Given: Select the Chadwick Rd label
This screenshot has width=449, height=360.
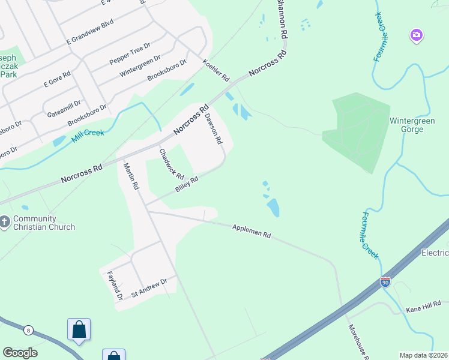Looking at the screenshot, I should pyautogui.click(x=171, y=163).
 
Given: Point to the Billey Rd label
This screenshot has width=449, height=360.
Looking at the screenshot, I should pyautogui.click(x=187, y=184).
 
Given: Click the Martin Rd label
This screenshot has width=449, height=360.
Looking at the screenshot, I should pyautogui.click(x=131, y=176).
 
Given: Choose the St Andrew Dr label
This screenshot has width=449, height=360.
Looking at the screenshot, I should pyautogui.click(x=148, y=291).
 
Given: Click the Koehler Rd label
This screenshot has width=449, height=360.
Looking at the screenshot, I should pyautogui.click(x=216, y=70).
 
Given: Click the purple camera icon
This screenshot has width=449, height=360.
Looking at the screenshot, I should pyautogui.click(x=416, y=35).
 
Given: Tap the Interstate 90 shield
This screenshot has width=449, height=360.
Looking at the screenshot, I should pyautogui.click(x=385, y=281).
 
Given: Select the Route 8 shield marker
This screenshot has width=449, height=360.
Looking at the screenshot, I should pyautogui.click(x=28, y=330).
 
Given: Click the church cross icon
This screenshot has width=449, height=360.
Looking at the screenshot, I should pyautogui.click(x=5, y=223).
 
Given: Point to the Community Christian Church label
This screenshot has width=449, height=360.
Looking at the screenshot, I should pyautogui.click(x=44, y=223).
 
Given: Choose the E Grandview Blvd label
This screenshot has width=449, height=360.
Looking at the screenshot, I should pyautogui.click(x=90, y=32).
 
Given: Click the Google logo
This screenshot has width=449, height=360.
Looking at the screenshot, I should pyautogui.click(x=20, y=353).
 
